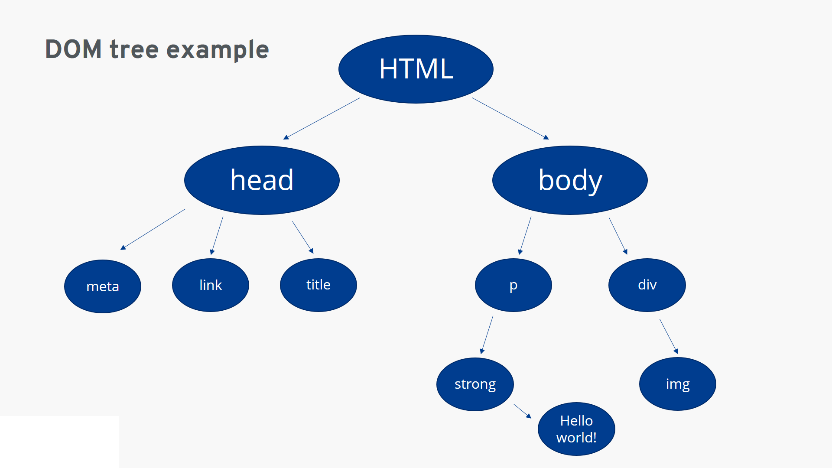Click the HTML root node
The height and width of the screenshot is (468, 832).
click(x=416, y=69)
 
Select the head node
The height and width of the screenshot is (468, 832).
click(x=262, y=180)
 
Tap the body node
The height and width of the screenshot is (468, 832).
click(x=570, y=180)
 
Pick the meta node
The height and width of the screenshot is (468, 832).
click(x=103, y=286)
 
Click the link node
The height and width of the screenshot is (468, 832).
click(x=211, y=285)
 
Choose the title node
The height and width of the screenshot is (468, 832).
click(x=318, y=285)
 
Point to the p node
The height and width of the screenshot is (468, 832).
click(x=513, y=285)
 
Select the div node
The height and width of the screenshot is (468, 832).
click(x=647, y=285)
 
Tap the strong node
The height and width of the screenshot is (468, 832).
click(x=475, y=384)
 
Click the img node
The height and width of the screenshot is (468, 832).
click(x=678, y=384)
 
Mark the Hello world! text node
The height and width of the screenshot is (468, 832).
click(x=576, y=429)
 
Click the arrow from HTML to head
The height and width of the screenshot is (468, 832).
click(x=322, y=119)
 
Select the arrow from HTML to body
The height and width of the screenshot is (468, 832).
click(x=510, y=119)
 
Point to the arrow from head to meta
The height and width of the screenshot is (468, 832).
click(x=153, y=230)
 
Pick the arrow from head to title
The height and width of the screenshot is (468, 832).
click(x=303, y=237)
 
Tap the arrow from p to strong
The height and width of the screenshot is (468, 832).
click(x=487, y=335)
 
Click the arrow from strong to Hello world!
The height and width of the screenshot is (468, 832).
click(x=523, y=411)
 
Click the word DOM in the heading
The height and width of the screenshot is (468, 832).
click(x=74, y=49)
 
